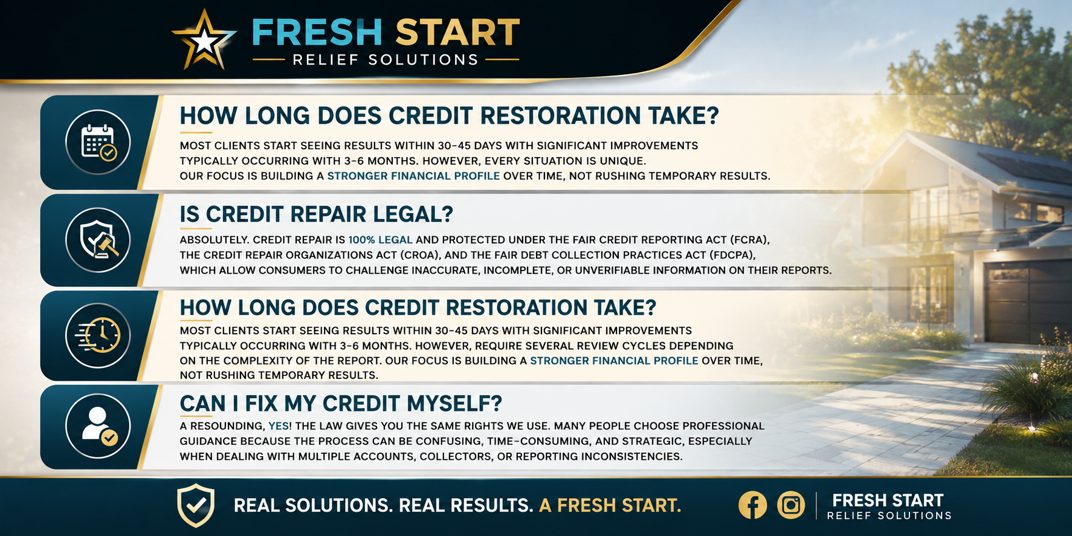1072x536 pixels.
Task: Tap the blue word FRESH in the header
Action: pyautogui.click(x=317, y=32)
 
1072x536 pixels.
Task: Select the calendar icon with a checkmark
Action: pyautogui.click(x=98, y=143)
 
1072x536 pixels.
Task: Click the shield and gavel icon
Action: pyautogui.click(x=98, y=241)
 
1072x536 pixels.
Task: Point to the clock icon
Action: pyautogui.click(x=98, y=335)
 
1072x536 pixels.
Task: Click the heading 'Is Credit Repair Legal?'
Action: pyautogui.click(x=316, y=214)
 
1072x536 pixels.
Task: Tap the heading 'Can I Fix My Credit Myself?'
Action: pyautogui.click(x=341, y=403)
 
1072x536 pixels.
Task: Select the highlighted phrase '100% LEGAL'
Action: pyautogui.click(x=381, y=240)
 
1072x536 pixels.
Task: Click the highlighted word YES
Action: pyautogui.click(x=279, y=426)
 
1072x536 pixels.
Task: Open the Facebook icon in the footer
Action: pyautogui.click(x=753, y=505)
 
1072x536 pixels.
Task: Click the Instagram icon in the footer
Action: pyautogui.click(x=791, y=505)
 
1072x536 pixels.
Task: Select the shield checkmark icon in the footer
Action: pyautogui.click(x=196, y=505)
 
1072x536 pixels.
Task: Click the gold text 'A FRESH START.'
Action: pyautogui.click(x=610, y=505)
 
